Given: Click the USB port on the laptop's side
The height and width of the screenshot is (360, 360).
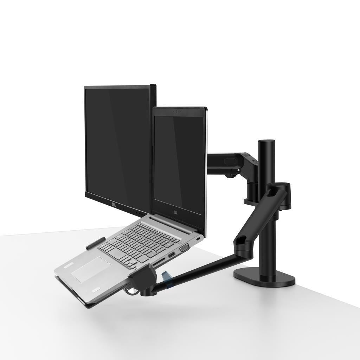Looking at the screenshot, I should [171, 255].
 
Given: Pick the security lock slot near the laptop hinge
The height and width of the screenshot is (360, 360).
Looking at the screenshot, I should [199, 239].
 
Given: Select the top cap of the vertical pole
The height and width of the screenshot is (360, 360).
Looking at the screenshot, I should [267, 142].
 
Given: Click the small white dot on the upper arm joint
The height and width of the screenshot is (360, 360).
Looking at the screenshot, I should [239, 171].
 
